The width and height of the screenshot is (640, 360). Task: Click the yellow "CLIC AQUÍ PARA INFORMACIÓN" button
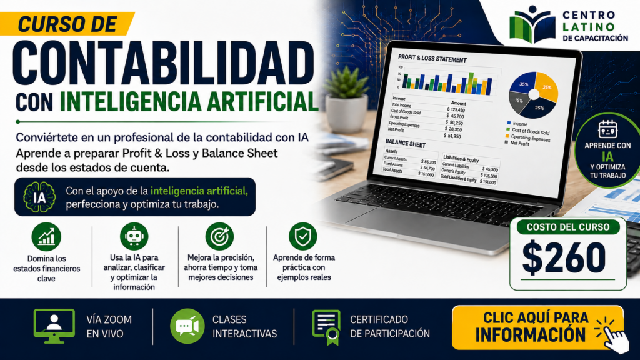pyautogui.click(x=537, y=327)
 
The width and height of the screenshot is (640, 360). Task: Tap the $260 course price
pyautogui.click(x=564, y=257)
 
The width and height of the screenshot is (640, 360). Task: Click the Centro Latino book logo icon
pyautogui.click(x=532, y=24)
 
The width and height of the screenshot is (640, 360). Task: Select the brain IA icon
pyautogui.click(x=39, y=197)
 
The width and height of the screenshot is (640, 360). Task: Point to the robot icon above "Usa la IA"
pyautogui.click(x=134, y=236)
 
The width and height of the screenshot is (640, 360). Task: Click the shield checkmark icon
pyautogui.click(x=303, y=236)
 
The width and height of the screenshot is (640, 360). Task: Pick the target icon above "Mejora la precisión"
pyautogui.click(x=219, y=236)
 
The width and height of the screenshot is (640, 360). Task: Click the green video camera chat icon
pyautogui.click(x=187, y=326)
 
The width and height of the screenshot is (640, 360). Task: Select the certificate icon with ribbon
pyautogui.click(x=326, y=327)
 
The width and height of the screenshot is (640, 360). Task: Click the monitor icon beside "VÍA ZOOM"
pyautogui.click(x=54, y=326)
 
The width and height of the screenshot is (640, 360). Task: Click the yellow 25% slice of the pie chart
pyautogui.click(x=546, y=86)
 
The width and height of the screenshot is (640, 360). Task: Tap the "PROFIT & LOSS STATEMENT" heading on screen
pyautogui.click(x=432, y=58)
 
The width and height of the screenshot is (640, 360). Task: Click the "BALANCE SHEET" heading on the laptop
pyautogui.click(x=405, y=143)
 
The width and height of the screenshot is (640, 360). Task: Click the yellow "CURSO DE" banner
pyautogui.click(x=67, y=24)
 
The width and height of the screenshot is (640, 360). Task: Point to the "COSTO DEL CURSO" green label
pyautogui.click(x=567, y=227)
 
